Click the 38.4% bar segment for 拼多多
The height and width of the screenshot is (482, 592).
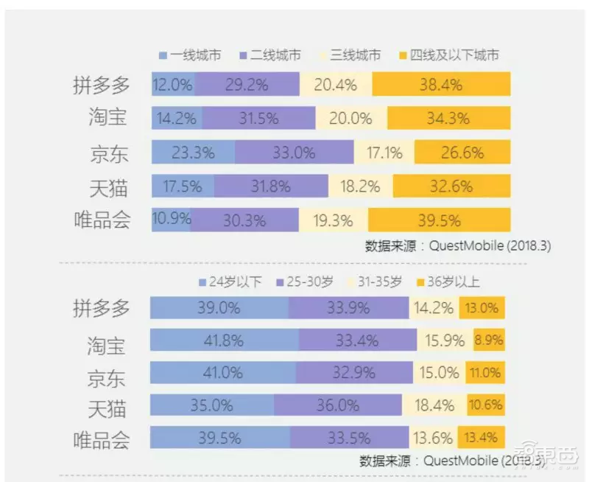pyautogui.click(x=440, y=85)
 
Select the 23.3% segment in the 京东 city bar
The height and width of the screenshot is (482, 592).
pyautogui.click(x=194, y=153)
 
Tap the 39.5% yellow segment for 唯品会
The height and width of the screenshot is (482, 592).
pyautogui.click(x=439, y=220)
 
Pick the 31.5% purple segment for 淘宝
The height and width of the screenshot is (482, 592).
pyautogui.click(x=258, y=118)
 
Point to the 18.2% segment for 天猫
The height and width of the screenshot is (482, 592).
pyautogui.click(x=360, y=186)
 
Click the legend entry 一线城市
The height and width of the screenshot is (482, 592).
pyautogui.click(x=189, y=55)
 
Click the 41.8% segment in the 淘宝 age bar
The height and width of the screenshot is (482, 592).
pyautogui.click(x=224, y=340)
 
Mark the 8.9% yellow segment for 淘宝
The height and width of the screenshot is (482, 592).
pyautogui.click(x=489, y=340)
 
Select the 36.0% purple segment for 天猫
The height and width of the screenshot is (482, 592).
pyautogui.click(x=338, y=405)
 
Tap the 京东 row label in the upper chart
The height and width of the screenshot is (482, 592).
pyautogui.click(x=109, y=153)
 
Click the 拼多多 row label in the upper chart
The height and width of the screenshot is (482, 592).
pyautogui.click(x=102, y=85)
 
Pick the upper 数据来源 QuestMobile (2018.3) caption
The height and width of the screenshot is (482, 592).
pyautogui.click(x=458, y=245)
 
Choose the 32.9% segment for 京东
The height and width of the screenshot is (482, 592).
pyautogui.click(x=350, y=373)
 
